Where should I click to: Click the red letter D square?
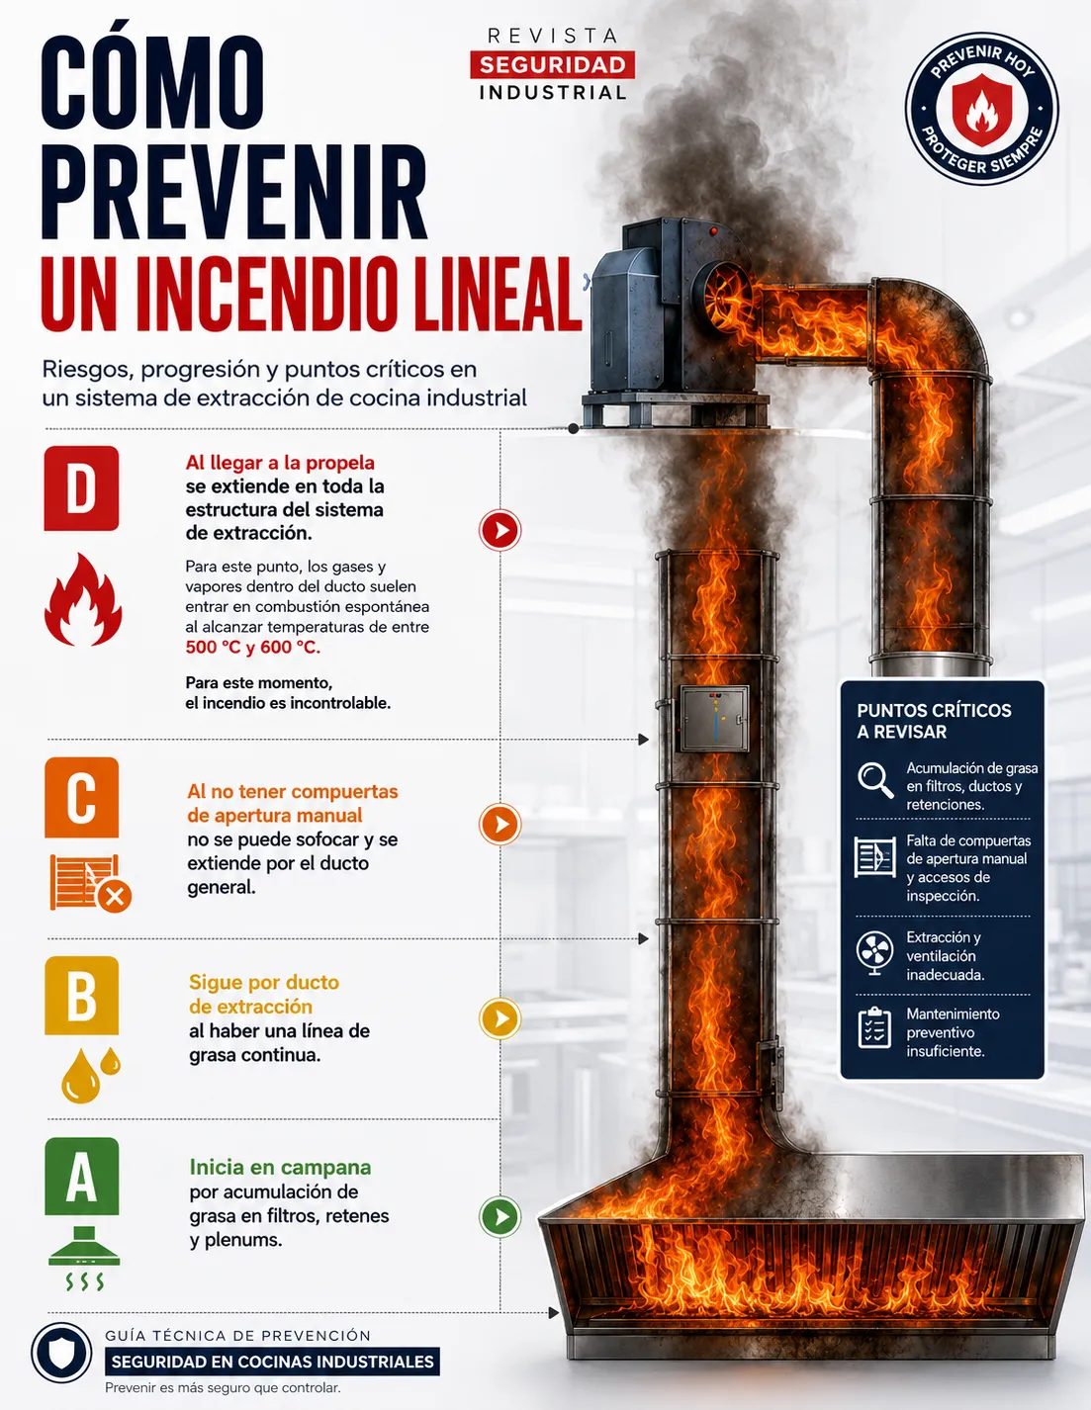81,487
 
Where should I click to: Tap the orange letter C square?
82,797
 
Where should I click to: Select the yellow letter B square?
82,996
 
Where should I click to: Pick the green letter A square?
82,1177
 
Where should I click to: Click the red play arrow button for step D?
500,530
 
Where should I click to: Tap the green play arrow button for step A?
500,1216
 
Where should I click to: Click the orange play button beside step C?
500,824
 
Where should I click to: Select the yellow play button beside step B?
500,1018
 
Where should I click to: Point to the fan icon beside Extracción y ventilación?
874,952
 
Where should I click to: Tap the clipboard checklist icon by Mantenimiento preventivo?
874,1028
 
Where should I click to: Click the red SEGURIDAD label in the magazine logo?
553,64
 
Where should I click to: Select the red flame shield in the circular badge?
982,110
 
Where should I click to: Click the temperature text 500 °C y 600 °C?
252,647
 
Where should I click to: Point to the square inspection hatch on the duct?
714,718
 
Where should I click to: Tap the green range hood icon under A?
84,1258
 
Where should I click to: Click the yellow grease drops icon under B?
90,1075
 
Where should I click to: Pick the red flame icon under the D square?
82,599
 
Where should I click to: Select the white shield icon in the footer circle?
61,1353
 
